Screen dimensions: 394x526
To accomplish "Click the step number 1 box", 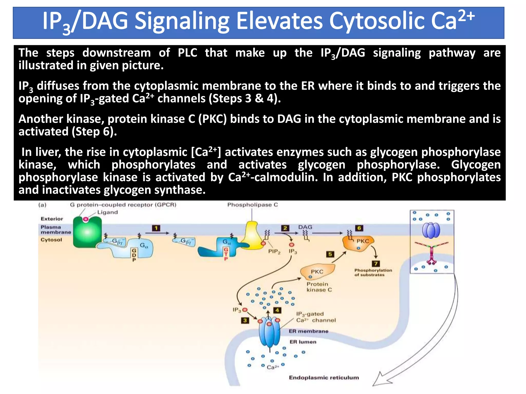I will pos(156,228).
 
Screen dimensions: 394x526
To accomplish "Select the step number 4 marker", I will pos(277,310).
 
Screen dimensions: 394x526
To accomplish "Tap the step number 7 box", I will pos(376,264).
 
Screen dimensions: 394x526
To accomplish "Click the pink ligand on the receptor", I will pos(86,219).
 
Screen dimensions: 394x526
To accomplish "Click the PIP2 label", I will pos(274,252).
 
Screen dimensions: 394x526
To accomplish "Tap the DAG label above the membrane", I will pos(305,227).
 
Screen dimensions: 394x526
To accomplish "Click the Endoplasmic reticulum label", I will pos(324,378).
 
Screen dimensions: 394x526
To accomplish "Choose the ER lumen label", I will pos(303,342).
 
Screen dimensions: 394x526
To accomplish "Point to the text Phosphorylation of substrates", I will pos(373,272).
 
